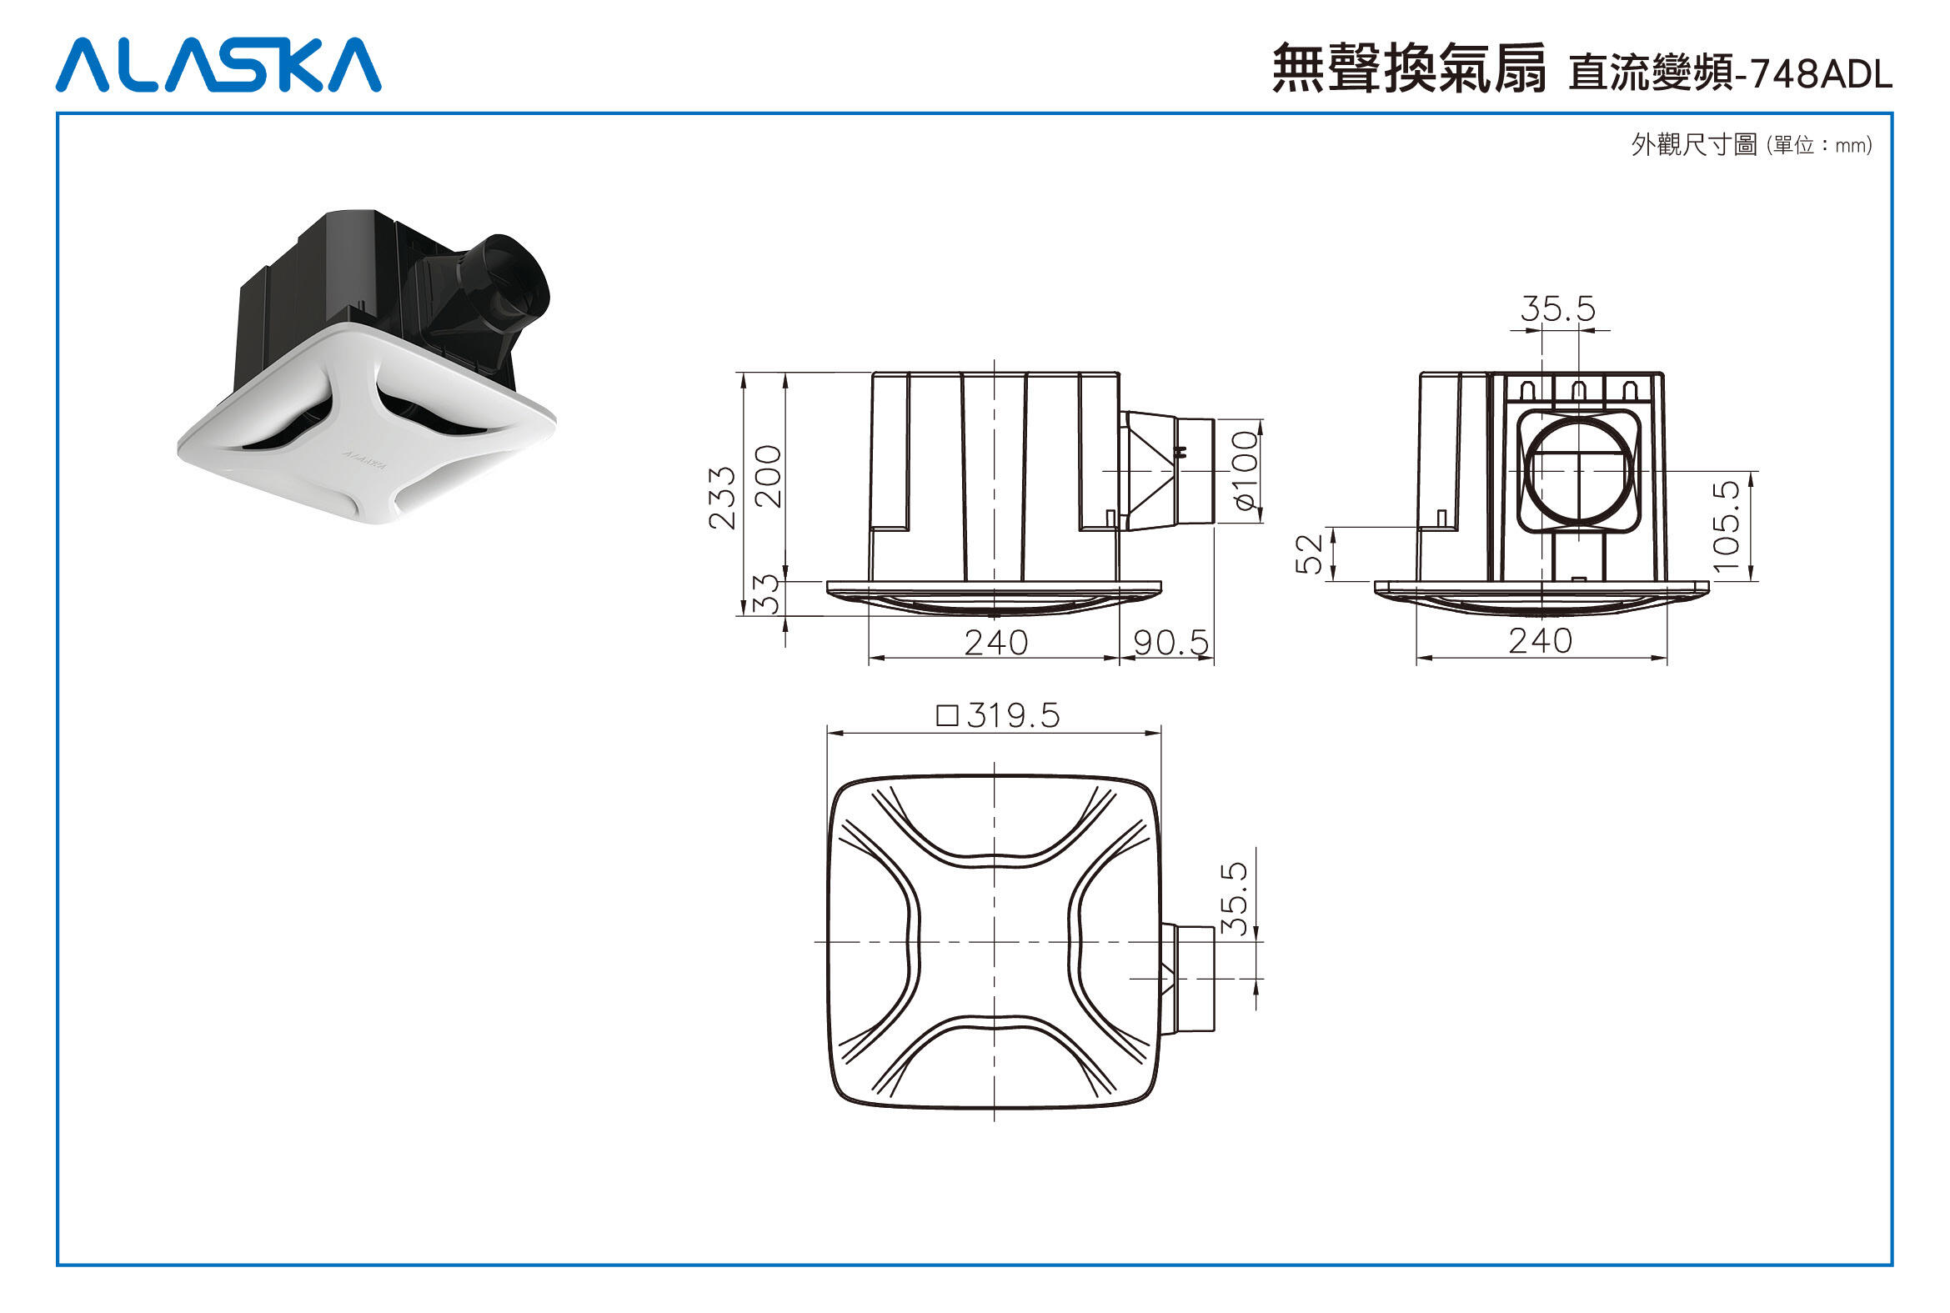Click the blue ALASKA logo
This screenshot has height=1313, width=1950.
[218, 64]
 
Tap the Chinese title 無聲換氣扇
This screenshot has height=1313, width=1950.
[1409, 68]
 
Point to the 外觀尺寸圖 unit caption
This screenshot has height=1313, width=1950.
[1751, 145]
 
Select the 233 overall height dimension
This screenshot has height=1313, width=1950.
[721, 499]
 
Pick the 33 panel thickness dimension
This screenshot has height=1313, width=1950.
[766, 594]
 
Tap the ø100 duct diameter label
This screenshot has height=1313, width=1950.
[1246, 471]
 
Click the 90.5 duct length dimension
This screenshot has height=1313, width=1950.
[1171, 643]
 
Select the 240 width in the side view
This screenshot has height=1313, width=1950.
[995, 643]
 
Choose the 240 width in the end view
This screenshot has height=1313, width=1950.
[1540, 641]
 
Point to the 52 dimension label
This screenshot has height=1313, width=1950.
[1308, 554]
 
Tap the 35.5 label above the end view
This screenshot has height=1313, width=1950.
[1558, 309]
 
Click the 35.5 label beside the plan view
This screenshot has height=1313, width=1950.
[1234, 900]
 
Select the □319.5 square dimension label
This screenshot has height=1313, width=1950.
[998, 716]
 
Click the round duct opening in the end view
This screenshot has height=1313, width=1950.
[1578, 472]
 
